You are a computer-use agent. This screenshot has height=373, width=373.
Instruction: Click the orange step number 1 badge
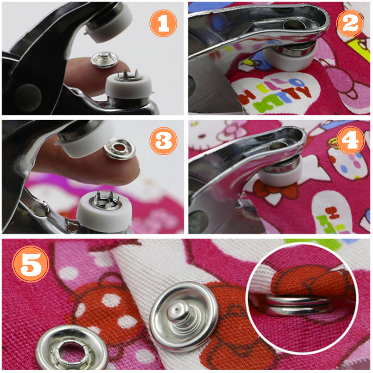(x=163, y=23)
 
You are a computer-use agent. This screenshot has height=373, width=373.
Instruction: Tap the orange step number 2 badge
(x=350, y=23)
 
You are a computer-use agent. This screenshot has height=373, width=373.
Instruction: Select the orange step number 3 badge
(x=164, y=141)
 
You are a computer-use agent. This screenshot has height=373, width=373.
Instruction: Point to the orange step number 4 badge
(x=350, y=140)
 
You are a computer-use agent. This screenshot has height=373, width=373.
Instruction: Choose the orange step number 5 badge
(x=31, y=264)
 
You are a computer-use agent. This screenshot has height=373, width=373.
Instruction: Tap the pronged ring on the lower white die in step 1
(x=128, y=75)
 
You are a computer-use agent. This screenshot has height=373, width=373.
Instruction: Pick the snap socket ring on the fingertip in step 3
(x=119, y=149)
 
